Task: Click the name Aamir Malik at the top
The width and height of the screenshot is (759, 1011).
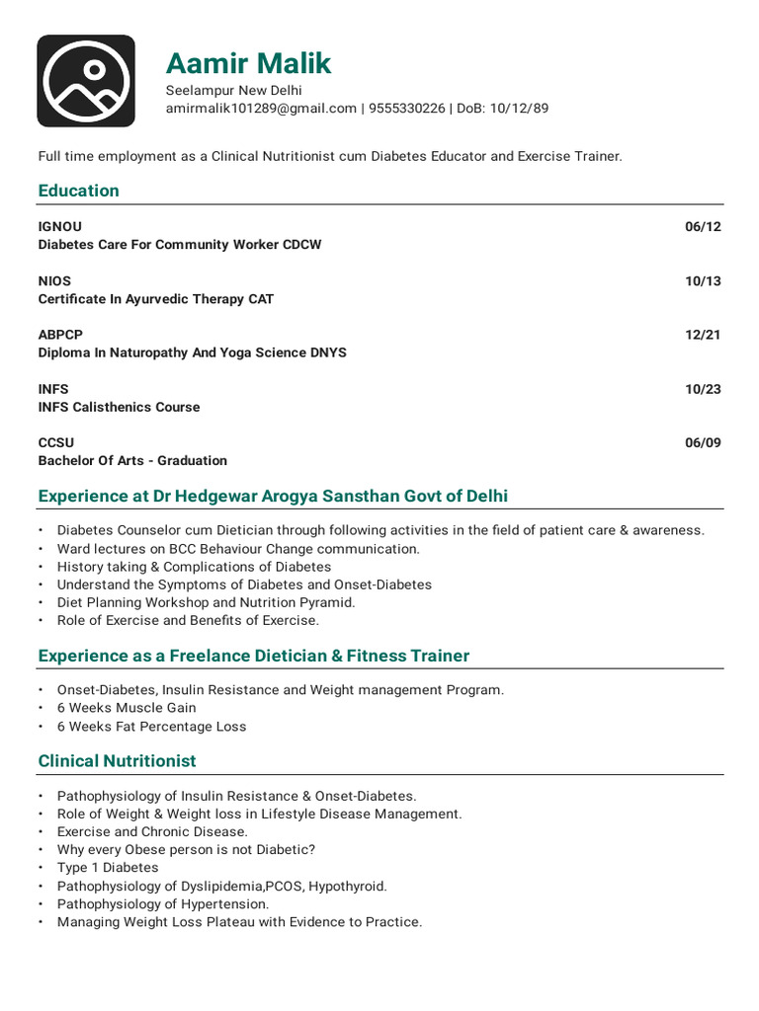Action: tap(248, 64)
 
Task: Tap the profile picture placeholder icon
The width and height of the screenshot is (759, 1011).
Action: tap(86, 81)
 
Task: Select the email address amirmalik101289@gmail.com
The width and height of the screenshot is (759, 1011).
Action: tap(261, 109)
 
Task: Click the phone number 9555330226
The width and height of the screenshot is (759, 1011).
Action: tap(406, 109)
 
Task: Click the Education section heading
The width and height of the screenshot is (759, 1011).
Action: tap(78, 191)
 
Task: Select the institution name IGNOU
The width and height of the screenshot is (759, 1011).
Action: tap(60, 226)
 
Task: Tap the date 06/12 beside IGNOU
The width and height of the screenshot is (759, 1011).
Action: tap(703, 226)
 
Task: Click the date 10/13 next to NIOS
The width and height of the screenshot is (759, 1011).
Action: tap(703, 280)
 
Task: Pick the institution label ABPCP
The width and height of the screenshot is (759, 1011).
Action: tap(61, 335)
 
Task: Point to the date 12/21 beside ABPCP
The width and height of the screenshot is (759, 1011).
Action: tap(703, 335)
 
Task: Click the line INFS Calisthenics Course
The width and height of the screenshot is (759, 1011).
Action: tap(119, 407)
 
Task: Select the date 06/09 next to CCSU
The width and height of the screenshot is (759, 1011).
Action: tap(703, 442)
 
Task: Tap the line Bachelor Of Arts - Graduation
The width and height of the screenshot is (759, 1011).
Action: tap(132, 460)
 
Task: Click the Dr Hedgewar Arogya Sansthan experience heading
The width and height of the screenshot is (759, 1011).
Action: tap(273, 496)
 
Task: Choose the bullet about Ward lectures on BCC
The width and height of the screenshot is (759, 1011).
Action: tap(238, 549)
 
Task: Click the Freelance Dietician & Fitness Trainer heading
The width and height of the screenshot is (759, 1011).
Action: tap(253, 656)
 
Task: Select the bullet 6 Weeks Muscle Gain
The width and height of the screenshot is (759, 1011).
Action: tap(126, 708)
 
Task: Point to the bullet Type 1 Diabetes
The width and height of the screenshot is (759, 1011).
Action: tap(108, 868)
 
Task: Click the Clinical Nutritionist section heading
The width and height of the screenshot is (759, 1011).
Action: tap(117, 761)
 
